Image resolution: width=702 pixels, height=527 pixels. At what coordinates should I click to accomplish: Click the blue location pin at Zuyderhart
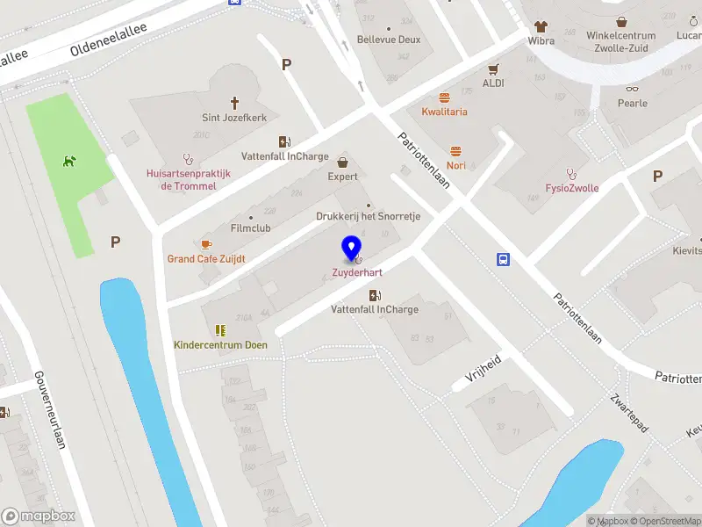[x=352, y=248]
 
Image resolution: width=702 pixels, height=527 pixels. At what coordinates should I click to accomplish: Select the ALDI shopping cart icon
[x=493, y=69]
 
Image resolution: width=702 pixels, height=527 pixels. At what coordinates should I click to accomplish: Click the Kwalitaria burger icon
[x=444, y=97]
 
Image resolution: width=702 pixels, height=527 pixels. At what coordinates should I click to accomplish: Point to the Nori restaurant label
[x=455, y=165]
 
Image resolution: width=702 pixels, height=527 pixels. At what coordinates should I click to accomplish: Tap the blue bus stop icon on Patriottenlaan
[x=504, y=259]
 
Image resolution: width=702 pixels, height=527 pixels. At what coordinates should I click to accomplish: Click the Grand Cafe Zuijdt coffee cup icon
[x=206, y=244]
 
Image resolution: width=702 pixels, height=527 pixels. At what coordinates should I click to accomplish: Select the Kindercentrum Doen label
[x=220, y=344]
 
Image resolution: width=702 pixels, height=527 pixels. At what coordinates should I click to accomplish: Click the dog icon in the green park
[x=68, y=161]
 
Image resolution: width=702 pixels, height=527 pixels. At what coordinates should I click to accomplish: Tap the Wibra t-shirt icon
[x=540, y=25]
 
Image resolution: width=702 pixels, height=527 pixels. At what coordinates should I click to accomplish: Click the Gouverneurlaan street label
[x=50, y=408]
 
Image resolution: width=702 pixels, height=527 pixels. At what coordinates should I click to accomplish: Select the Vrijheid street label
[x=482, y=372]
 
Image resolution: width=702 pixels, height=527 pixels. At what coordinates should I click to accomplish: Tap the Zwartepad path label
[x=629, y=412]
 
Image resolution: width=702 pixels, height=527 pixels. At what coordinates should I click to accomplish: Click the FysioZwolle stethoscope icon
[x=571, y=173]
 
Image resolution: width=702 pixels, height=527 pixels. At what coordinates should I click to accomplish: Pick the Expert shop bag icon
[x=343, y=162]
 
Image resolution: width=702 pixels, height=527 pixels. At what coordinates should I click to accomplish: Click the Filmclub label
[x=250, y=227]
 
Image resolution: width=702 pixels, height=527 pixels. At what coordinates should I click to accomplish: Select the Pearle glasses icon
[x=632, y=88]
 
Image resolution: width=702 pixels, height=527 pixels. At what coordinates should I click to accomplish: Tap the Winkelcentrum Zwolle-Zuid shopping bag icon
[x=621, y=21]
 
